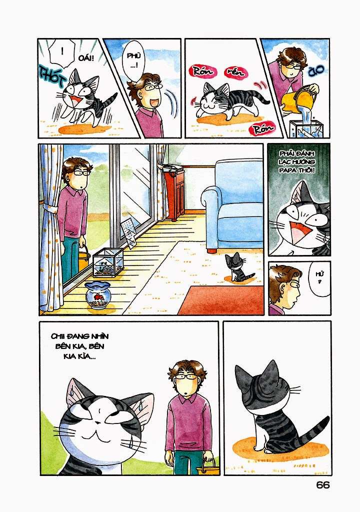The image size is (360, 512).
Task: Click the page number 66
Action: [x=323, y=485]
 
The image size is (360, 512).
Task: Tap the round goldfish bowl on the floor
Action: [x=97, y=295]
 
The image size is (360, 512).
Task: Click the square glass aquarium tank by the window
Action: [x=108, y=262]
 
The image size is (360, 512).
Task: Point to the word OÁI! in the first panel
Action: [x=85, y=59]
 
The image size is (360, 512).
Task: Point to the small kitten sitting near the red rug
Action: [x=235, y=268]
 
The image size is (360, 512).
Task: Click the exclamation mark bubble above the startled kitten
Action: [x=60, y=51]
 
